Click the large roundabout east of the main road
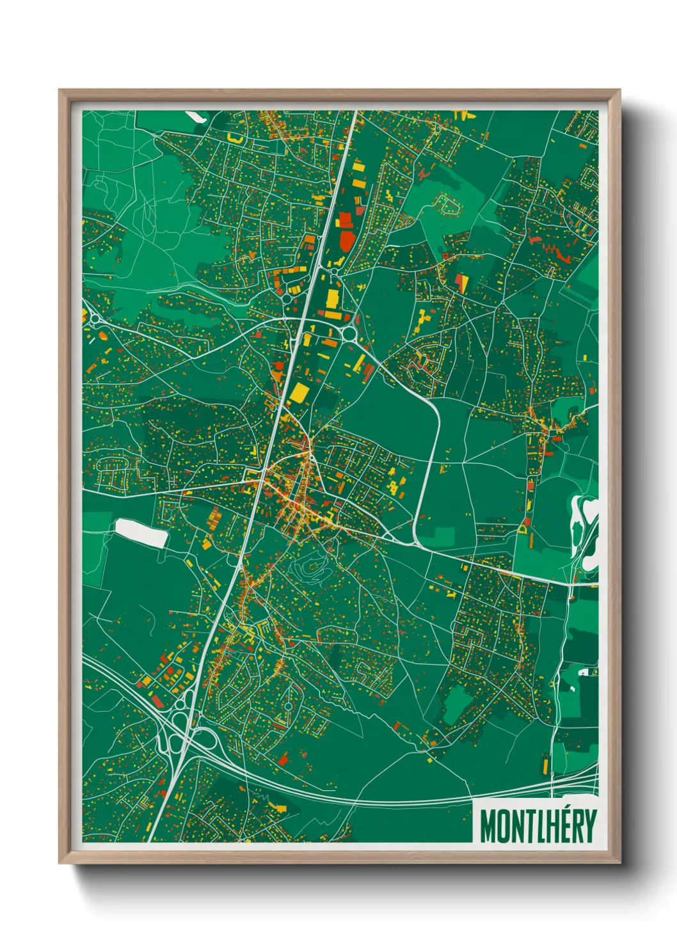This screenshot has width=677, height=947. click(x=350, y=333)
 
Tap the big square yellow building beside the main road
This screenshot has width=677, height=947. click(x=298, y=393)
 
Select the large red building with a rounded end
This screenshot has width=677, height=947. click(x=347, y=241)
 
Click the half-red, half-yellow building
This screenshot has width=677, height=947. click(x=461, y=282)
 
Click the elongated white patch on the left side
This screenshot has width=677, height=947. click(x=141, y=533)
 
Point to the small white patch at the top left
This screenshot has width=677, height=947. click(x=194, y=117)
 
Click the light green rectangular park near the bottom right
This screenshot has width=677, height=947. click(x=454, y=704)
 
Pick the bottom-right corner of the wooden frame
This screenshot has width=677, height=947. click(x=619, y=863)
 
